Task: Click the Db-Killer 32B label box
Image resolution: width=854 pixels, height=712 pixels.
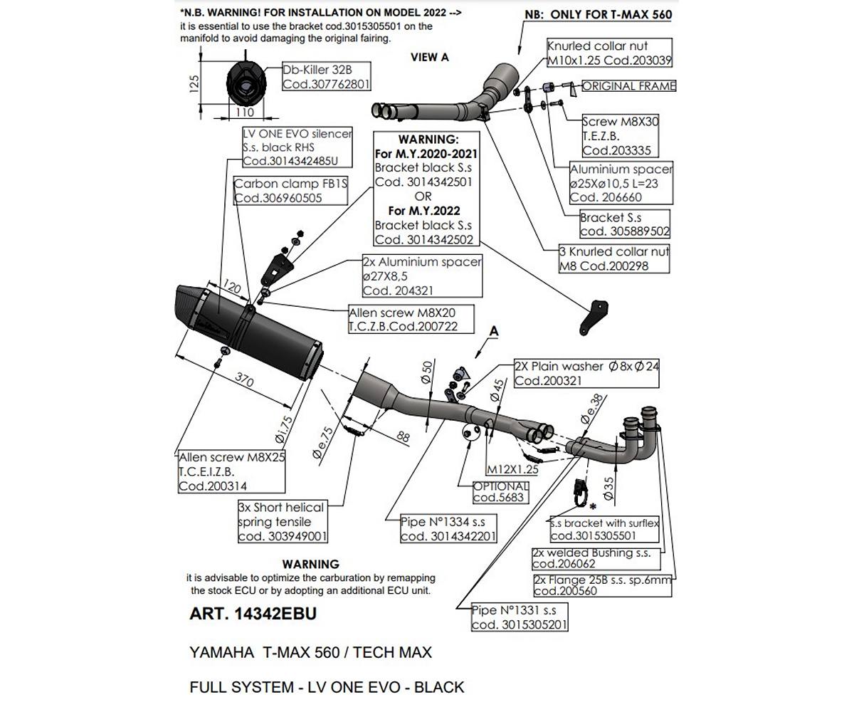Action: (x=327, y=77)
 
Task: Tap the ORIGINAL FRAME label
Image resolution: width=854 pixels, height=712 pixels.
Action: (x=628, y=86)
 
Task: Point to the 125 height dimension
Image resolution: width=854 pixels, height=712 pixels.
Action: (x=194, y=84)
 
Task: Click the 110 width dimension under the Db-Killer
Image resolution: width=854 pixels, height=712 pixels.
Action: (x=244, y=112)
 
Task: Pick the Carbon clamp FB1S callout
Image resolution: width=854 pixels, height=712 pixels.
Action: (x=290, y=191)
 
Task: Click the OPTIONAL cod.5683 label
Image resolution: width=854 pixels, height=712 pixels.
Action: (x=501, y=492)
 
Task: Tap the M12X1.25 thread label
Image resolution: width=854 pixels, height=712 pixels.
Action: (x=512, y=469)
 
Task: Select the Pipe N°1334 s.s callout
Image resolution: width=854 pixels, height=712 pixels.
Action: (x=448, y=529)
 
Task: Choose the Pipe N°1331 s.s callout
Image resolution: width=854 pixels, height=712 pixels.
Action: (x=520, y=617)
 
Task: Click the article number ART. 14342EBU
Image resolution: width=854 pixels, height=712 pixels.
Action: (x=253, y=614)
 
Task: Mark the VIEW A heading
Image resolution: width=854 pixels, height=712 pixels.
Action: (x=429, y=58)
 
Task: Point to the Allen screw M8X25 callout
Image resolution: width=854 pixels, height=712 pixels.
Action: (x=231, y=471)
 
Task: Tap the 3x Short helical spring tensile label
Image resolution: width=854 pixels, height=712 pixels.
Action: (x=283, y=522)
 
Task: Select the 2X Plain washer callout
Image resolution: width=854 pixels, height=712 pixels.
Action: (x=587, y=373)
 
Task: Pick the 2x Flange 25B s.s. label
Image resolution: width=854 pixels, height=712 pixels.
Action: (x=602, y=585)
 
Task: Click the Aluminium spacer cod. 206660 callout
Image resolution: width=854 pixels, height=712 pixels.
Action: (x=621, y=183)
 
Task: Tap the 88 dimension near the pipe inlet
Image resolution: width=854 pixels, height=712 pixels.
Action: (x=403, y=436)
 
